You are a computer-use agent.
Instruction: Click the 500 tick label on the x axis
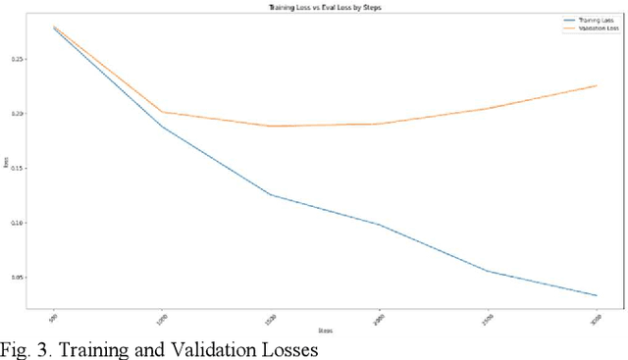pos(52,313)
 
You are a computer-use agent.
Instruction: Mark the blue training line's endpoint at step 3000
pos(597,295)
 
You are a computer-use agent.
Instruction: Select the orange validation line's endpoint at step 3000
pos(597,85)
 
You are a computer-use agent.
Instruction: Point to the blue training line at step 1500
pos(270,194)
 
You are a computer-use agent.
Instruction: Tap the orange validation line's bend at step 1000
pos(161,112)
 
